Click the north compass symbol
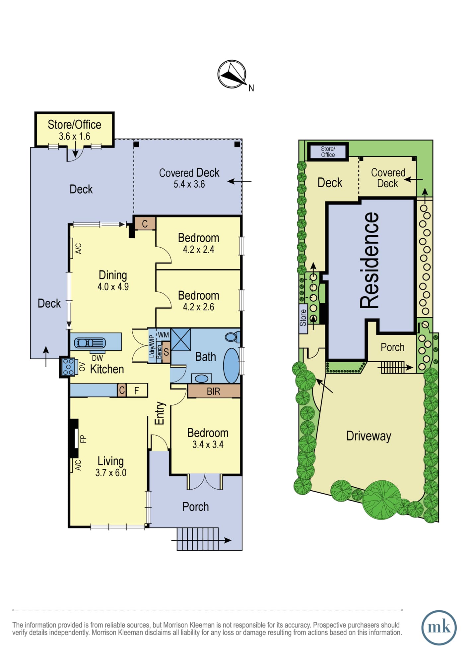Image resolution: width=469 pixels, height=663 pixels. (232, 74)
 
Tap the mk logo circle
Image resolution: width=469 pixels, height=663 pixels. (439, 628)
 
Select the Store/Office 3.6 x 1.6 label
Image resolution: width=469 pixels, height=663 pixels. (75, 130)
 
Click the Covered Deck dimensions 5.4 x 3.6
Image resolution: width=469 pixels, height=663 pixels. (189, 184)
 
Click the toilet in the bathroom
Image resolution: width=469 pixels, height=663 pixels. (232, 337)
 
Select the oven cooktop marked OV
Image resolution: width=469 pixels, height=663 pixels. (68, 367)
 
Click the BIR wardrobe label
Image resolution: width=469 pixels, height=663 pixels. (214, 392)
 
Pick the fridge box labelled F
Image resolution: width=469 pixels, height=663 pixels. (137, 391)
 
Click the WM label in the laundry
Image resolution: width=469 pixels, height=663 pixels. (163, 335)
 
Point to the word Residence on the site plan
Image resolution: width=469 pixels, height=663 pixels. (369, 261)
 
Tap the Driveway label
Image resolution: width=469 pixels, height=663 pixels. (369, 436)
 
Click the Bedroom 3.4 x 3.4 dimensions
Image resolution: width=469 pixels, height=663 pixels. (208, 445)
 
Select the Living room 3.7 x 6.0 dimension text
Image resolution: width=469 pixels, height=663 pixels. (111, 473)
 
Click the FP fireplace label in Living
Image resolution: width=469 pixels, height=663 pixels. (83, 439)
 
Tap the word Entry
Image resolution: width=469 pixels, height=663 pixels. (160, 413)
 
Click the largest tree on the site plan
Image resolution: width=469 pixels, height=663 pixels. (381, 500)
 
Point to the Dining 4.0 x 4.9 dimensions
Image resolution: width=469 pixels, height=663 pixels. (113, 287)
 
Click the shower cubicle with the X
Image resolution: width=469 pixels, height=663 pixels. (181, 339)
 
